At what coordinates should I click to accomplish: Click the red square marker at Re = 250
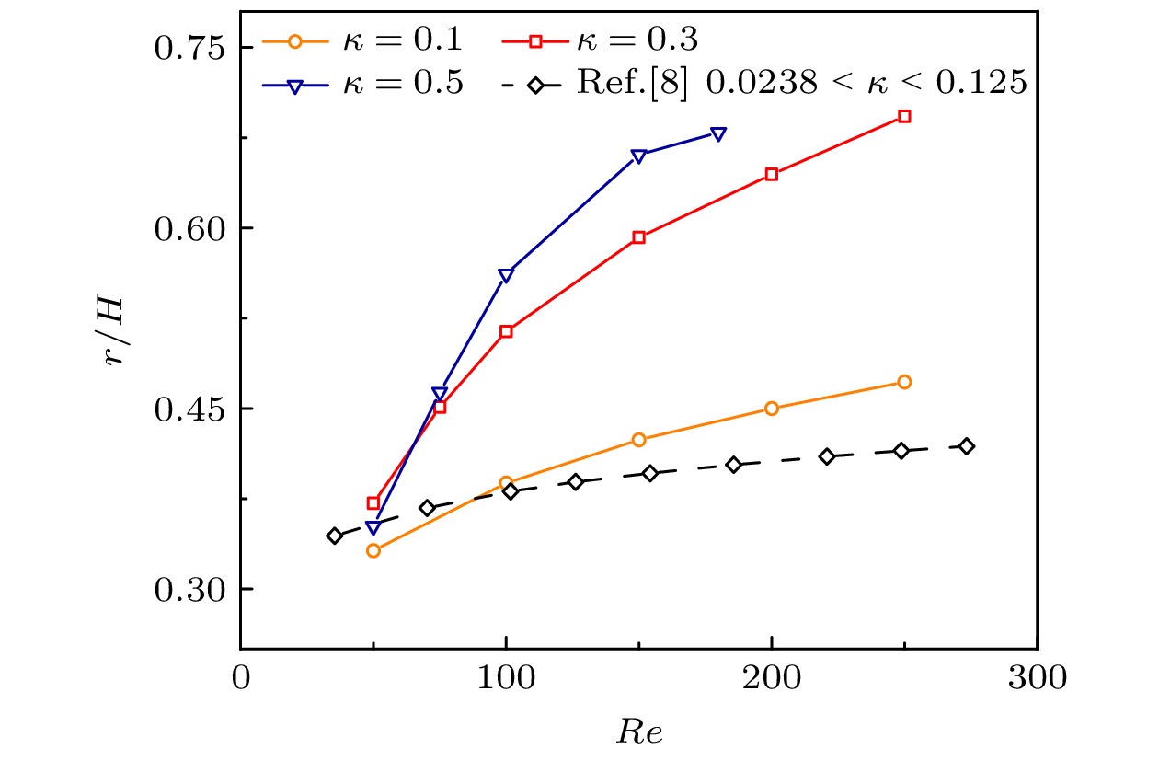pyautogui.click(x=904, y=116)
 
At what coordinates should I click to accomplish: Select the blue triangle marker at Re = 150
pyautogui.click(x=638, y=156)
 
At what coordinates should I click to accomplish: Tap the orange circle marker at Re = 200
pyautogui.click(x=772, y=409)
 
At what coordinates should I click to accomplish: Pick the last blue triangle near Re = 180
pyautogui.click(x=718, y=134)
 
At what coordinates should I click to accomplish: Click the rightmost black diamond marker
pyautogui.click(x=966, y=446)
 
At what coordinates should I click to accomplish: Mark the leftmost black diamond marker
pyautogui.click(x=335, y=536)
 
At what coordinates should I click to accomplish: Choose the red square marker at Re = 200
pyautogui.click(x=772, y=174)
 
